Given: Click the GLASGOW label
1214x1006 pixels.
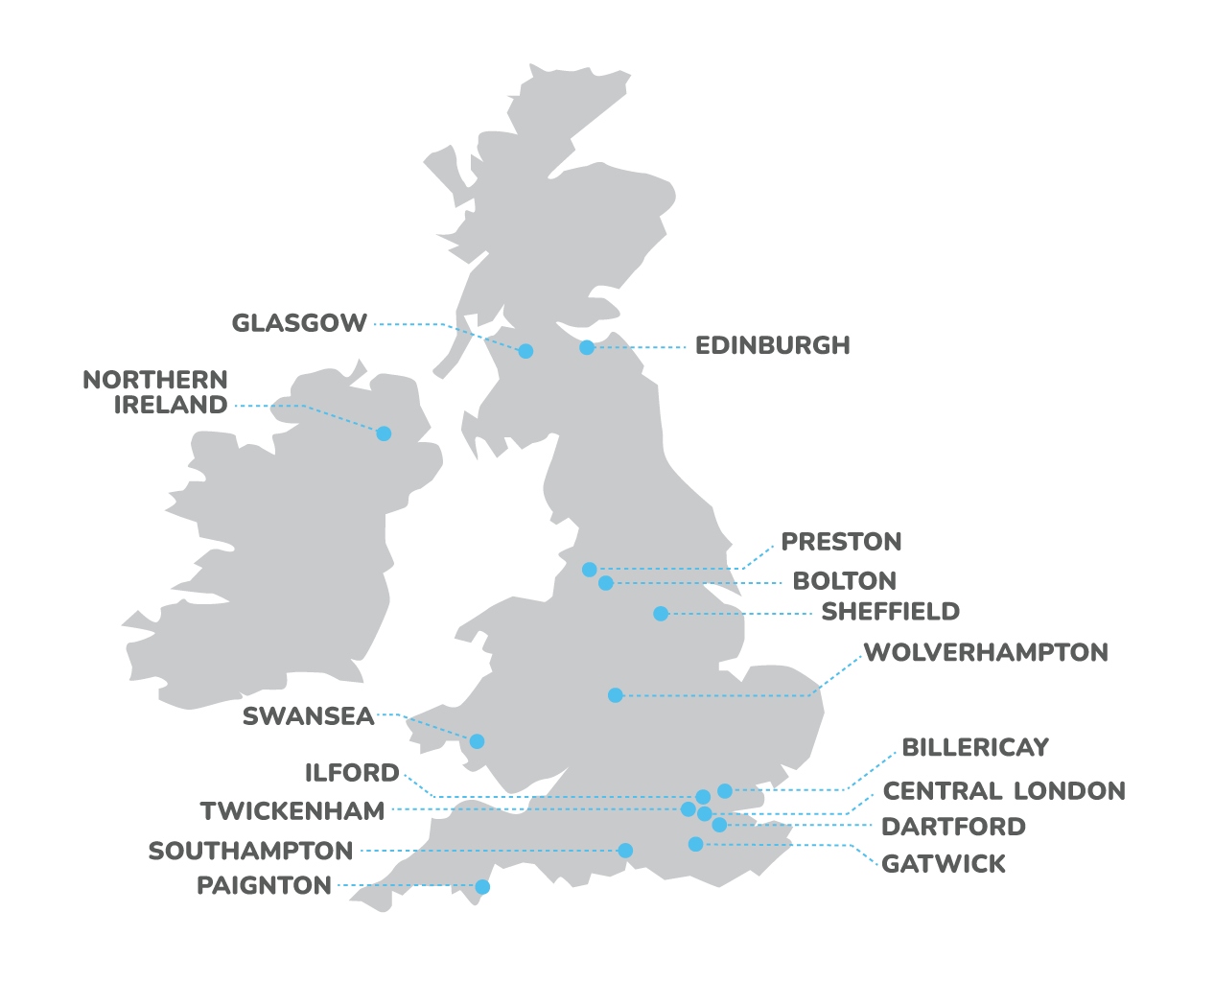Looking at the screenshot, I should point(299,323).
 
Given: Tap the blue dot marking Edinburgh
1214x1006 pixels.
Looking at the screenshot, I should point(587,347).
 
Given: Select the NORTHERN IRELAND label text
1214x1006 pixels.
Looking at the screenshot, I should point(156,392).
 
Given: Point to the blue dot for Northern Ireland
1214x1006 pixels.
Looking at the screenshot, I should point(384,433).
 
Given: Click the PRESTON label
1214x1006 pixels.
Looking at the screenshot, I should point(841,542).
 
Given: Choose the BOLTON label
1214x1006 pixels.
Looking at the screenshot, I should point(844,581).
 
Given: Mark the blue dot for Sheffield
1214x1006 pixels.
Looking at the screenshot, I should point(661,614).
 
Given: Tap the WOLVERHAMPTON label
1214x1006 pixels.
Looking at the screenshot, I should point(986,653).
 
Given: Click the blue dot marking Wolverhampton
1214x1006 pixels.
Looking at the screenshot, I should point(616,695).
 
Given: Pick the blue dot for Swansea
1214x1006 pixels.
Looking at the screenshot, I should point(477,741).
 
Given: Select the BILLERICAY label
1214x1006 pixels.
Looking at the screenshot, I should point(975,748).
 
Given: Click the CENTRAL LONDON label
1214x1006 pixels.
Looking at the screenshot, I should point(1004,791).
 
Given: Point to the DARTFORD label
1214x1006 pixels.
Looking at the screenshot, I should point(953,827).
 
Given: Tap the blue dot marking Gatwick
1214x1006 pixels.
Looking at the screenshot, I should point(696,844).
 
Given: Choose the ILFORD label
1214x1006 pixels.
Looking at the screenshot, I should point(352,773).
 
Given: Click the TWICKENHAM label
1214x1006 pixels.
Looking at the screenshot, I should point(292,811).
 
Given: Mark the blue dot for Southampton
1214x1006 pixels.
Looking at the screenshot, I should point(625,851).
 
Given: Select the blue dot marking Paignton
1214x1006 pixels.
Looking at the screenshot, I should point(482,887).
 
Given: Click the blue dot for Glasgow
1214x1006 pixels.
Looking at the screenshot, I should point(525,351).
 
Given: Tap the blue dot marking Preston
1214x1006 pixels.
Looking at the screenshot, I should point(590,570).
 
